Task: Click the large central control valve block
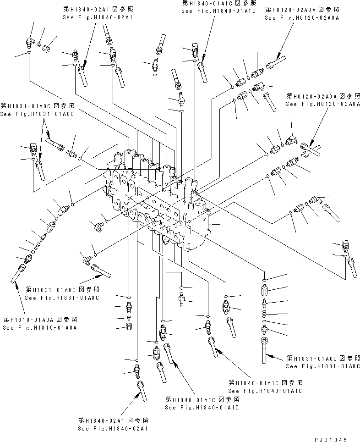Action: pos(160,197)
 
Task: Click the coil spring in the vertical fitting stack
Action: pos(266,313)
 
